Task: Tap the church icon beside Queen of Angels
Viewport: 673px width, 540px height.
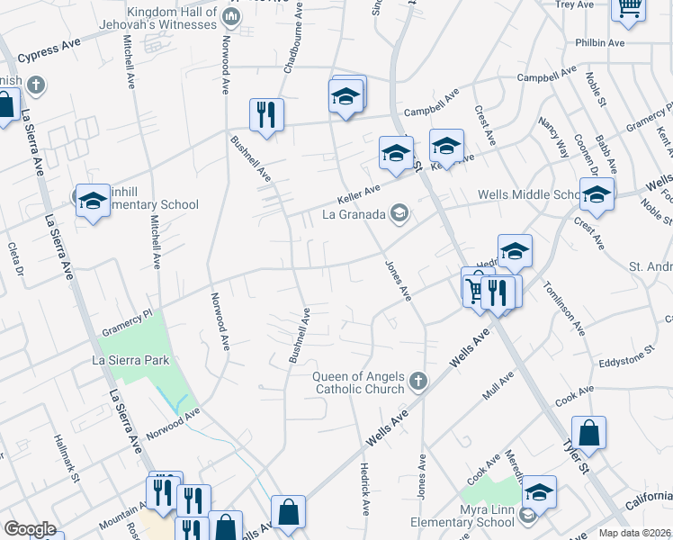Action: click(x=417, y=382)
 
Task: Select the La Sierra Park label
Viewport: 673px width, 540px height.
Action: click(x=130, y=360)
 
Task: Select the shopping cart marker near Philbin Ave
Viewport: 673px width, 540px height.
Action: click(x=629, y=7)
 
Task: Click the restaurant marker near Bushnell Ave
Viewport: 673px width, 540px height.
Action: click(x=265, y=114)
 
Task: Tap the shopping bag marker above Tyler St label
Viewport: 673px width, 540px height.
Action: click(x=588, y=434)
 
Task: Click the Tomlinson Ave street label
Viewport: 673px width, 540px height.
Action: click(x=565, y=309)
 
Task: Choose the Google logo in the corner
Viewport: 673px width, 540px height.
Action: click(x=30, y=529)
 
